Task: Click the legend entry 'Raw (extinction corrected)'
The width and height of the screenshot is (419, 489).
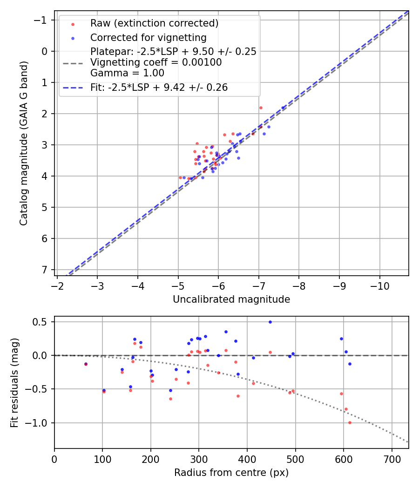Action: point(154,23)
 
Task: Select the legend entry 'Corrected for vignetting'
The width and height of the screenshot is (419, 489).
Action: point(148,37)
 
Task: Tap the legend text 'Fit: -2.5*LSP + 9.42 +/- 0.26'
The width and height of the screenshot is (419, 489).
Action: point(159,87)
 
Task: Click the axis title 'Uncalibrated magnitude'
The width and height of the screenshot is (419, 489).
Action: point(231,299)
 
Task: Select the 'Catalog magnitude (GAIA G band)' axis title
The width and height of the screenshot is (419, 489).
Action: point(24,143)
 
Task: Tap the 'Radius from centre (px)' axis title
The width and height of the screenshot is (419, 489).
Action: point(231,473)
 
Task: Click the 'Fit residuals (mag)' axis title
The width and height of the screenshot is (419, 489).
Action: point(14,383)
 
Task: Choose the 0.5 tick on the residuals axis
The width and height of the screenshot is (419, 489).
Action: point(41,322)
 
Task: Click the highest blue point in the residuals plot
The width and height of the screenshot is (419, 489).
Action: point(270,322)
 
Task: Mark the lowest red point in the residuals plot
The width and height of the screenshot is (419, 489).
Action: point(350,422)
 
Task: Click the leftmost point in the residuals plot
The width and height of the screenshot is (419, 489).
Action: point(86,364)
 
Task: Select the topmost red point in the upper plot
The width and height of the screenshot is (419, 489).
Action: point(261,108)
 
